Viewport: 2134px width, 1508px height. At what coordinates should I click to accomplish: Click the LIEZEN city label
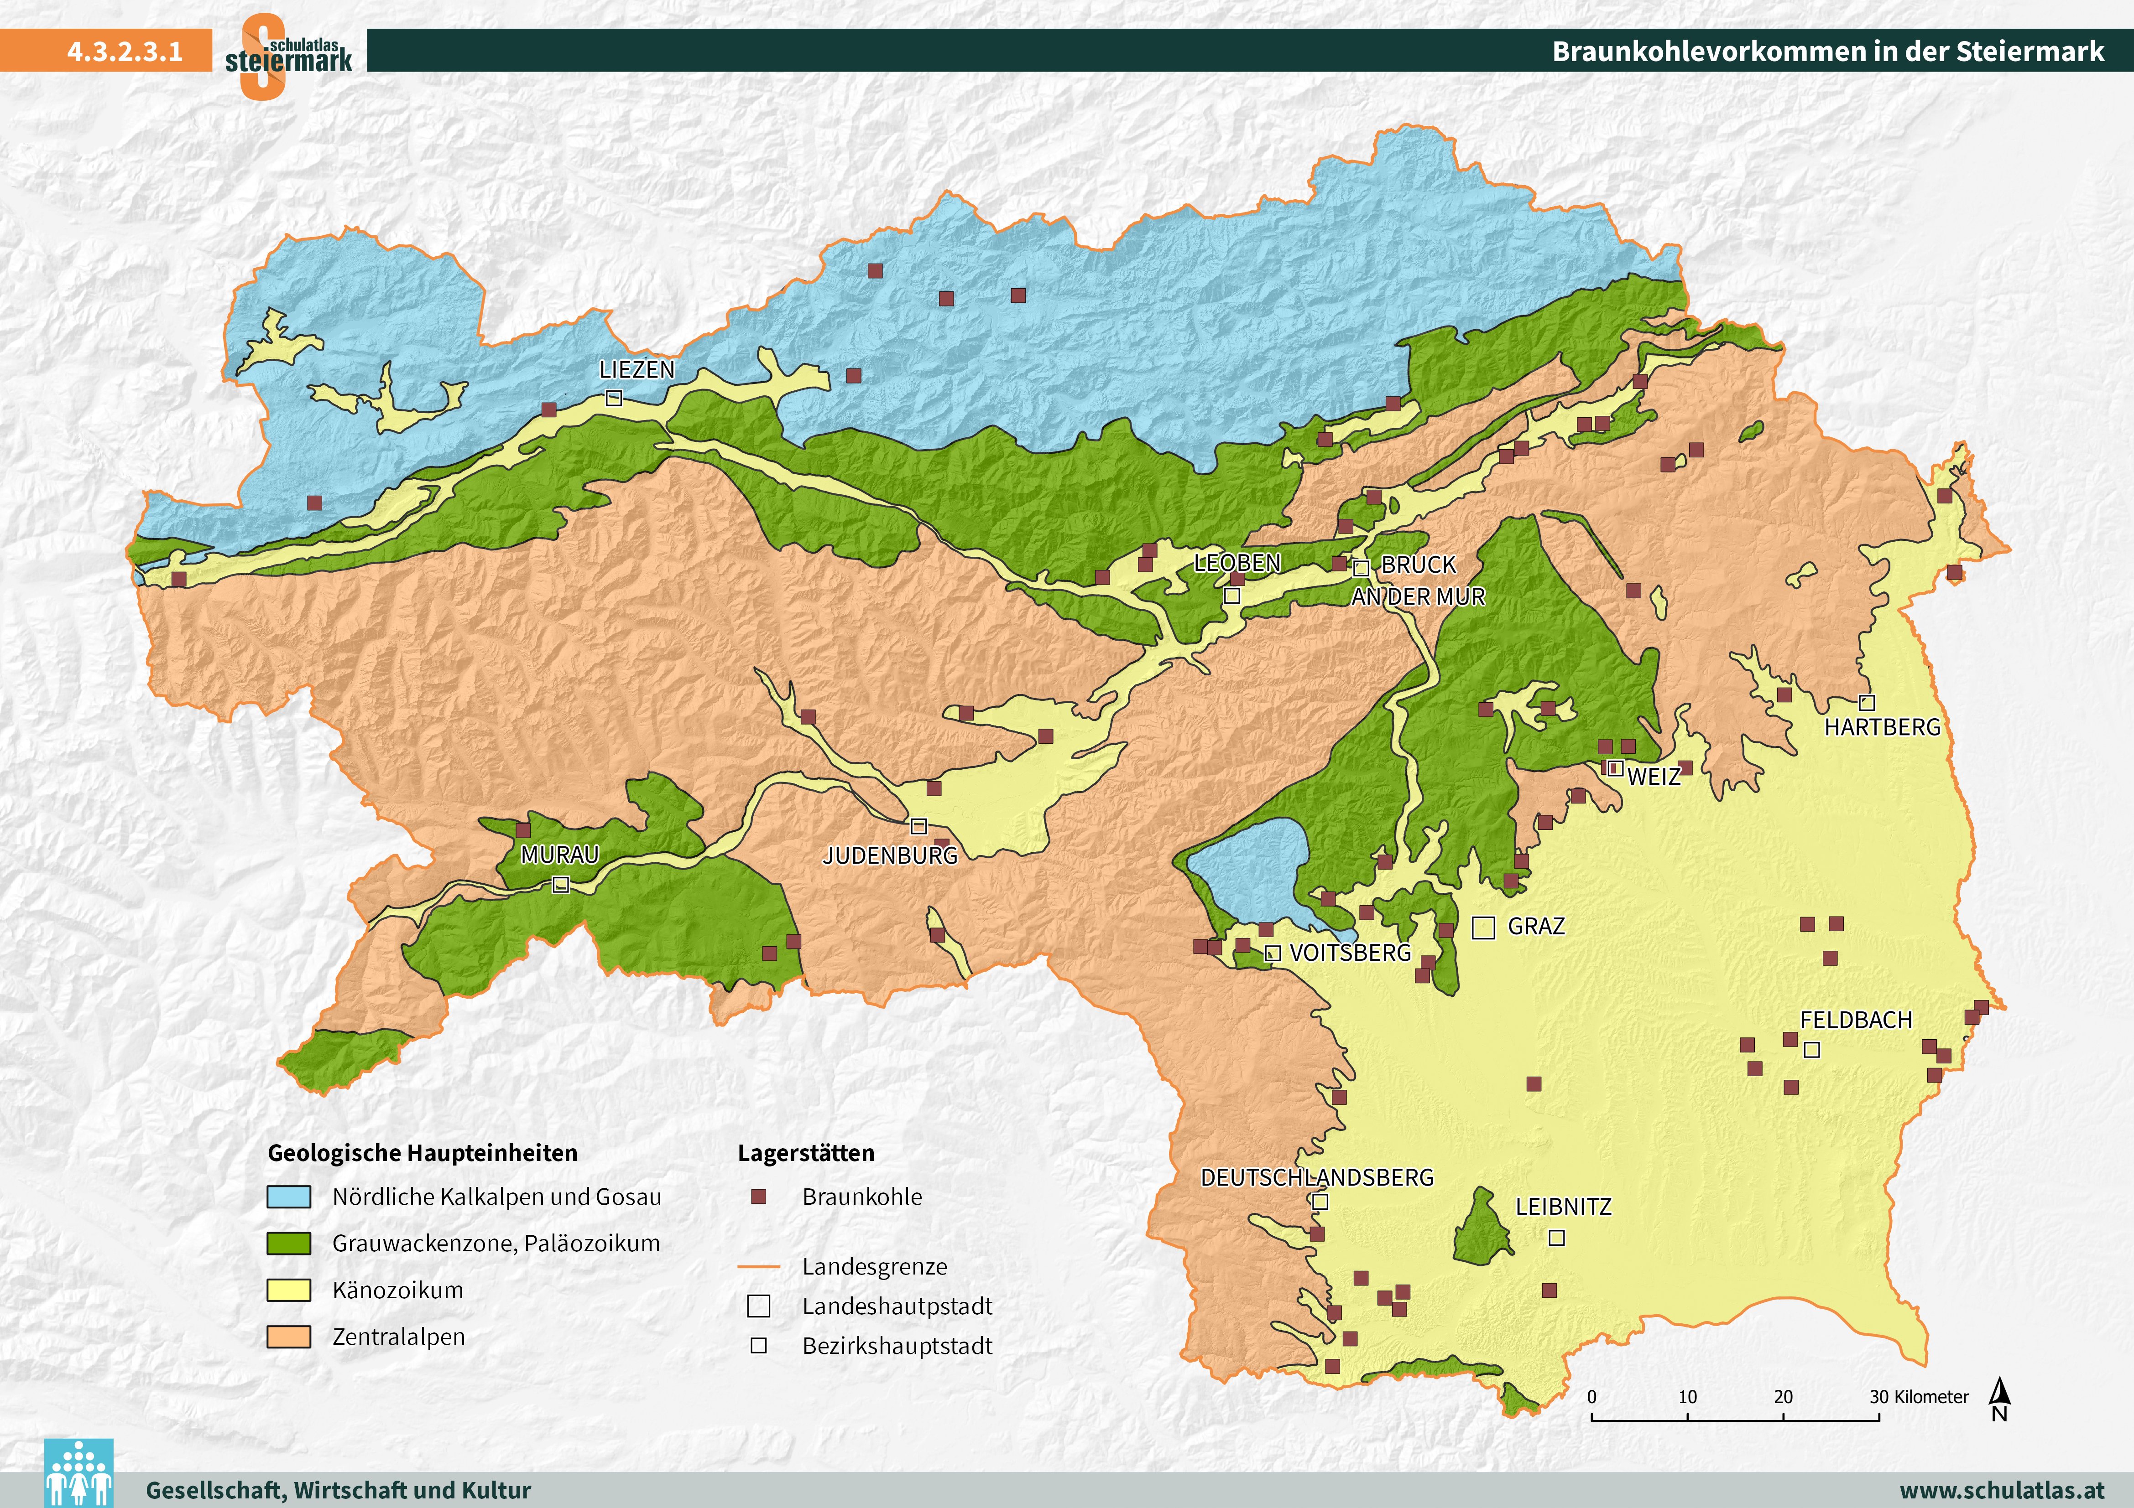[637, 370]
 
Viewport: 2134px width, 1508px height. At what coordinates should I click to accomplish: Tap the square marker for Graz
[1483, 928]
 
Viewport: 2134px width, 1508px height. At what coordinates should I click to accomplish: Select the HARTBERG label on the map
[1882, 727]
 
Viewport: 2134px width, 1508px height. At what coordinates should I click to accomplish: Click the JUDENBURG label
[889, 856]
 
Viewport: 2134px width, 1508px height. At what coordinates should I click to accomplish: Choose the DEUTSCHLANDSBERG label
[1317, 1178]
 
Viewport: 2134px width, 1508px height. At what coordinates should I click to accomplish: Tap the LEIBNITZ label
[1563, 1207]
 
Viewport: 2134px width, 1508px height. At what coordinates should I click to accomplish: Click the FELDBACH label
[1856, 1020]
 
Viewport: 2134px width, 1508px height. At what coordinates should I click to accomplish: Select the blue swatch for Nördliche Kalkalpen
[289, 1197]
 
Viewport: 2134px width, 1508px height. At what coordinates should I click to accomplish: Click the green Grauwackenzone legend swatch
[289, 1243]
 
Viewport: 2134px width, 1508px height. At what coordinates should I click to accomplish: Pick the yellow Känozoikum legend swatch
[289, 1290]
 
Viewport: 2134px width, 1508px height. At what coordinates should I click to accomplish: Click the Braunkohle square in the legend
[758, 1197]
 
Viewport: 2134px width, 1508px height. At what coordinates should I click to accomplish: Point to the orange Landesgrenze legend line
[758, 1266]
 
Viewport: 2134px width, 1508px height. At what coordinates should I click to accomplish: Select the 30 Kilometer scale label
[1918, 1396]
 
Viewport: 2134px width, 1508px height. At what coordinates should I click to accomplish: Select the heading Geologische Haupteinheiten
[423, 1153]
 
